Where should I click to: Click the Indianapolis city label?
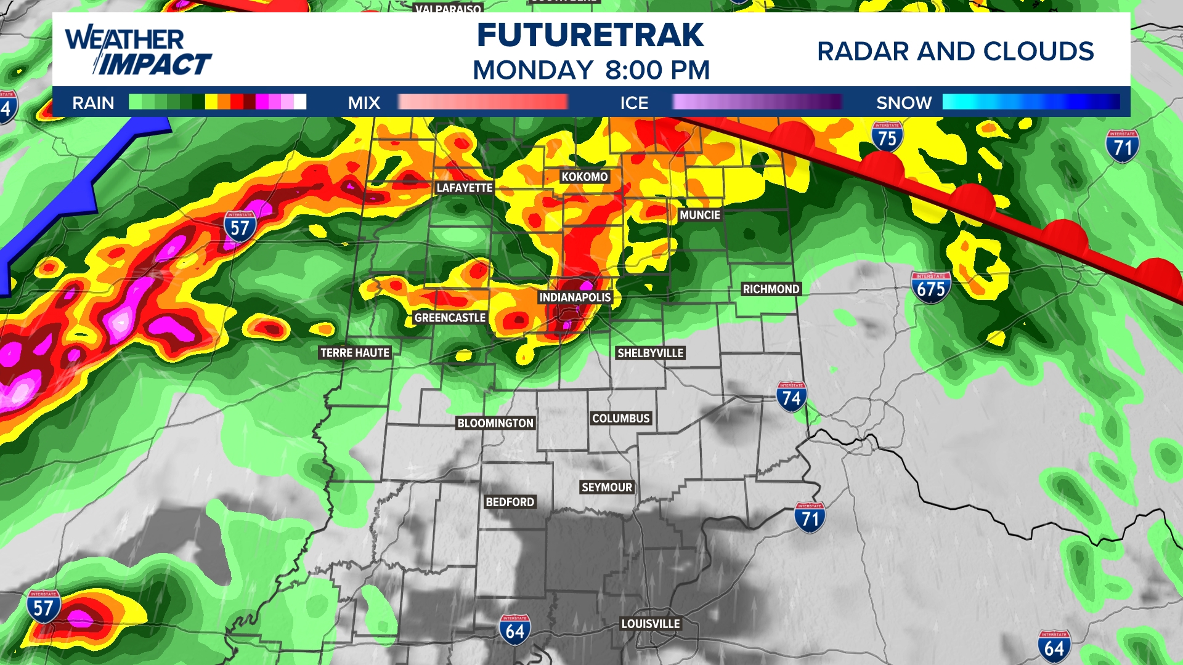pyautogui.click(x=575, y=297)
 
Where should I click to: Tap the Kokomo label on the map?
pyautogui.click(x=584, y=177)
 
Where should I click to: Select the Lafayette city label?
pyautogui.click(x=465, y=188)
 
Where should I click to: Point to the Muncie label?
pyautogui.click(x=699, y=215)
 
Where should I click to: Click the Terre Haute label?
pyautogui.click(x=355, y=353)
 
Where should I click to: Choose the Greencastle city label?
pyautogui.click(x=450, y=318)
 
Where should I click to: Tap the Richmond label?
pyautogui.click(x=771, y=289)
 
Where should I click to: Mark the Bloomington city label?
pyautogui.click(x=495, y=423)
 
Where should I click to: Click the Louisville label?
pyautogui.click(x=651, y=624)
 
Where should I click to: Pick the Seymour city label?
pyautogui.click(x=607, y=487)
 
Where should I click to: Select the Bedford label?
pyautogui.click(x=510, y=502)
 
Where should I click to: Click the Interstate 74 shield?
pyautogui.click(x=791, y=397)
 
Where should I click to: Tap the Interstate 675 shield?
pyautogui.click(x=930, y=288)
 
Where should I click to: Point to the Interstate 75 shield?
pyautogui.click(x=887, y=137)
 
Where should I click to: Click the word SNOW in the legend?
pyautogui.click(x=904, y=103)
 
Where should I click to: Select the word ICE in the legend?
pyautogui.click(x=634, y=103)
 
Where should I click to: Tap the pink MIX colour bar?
pyautogui.click(x=482, y=102)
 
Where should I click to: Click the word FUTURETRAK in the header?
pyautogui.click(x=590, y=35)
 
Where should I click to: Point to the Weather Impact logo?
pyautogui.click(x=138, y=51)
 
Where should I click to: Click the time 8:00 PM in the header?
pyautogui.click(x=657, y=70)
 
